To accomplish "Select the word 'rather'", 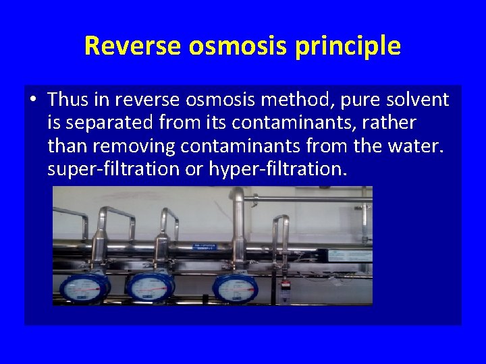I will coord(391,123).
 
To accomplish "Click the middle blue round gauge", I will coord(151,286).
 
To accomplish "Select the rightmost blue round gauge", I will coord(236,286).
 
